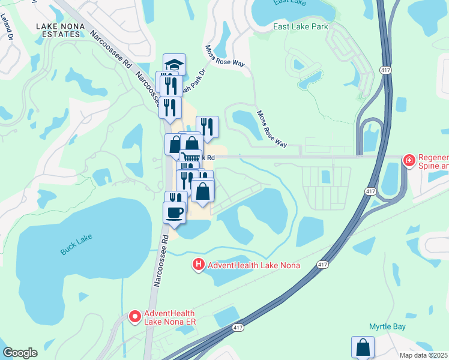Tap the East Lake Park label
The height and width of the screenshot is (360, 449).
pyautogui.click(x=301, y=27)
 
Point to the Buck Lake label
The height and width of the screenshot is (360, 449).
pyautogui.click(x=77, y=245)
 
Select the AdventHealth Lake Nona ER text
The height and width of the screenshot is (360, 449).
pyautogui.click(x=170, y=317)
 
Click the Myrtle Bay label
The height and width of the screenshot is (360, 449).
pyautogui.click(x=387, y=327)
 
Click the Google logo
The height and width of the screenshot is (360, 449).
pyautogui.click(x=20, y=353)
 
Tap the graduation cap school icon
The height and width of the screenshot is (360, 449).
pyautogui.click(x=174, y=64)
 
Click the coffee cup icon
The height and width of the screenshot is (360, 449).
pyautogui.click(x=174, y=212)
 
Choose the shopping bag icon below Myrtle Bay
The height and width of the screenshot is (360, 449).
pyautogui.click(x=363, y=347)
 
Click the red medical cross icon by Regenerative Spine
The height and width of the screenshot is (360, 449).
pyautogui.click(x=409, y=161)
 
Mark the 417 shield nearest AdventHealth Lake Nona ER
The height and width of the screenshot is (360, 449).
pyautogui.click(x=238, y=327)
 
